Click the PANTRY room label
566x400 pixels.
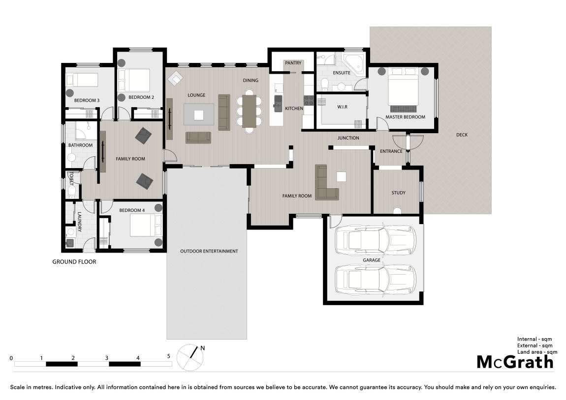tap(293, 63)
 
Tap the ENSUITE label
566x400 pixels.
tap(342, 73)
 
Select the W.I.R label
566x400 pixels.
tap(342, 107)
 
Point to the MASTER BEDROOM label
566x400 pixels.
tap(405, 117)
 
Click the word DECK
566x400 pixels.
tap(462, 135)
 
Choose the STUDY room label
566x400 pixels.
tap(399, 193)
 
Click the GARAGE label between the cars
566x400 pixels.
tap(372, 260)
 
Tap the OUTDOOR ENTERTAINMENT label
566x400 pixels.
tap(209, 251)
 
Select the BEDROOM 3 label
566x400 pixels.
tap(87, 101)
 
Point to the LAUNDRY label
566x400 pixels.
tap(79, 222)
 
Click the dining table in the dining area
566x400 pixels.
tap(249, 111)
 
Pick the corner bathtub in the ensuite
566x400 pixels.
tap(354, 64)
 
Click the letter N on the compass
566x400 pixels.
tap(202, 348)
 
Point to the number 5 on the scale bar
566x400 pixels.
tap(169, 356)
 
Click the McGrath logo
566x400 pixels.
tap(515, 362)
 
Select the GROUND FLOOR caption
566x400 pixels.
tap(74, 262)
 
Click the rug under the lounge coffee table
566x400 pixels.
tap(198, 114)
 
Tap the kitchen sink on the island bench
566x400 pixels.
tap(278, 103)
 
